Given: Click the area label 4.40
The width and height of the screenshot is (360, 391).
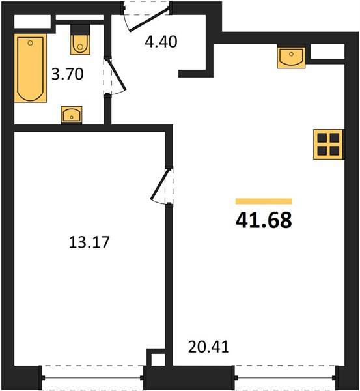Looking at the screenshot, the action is pos(161,42).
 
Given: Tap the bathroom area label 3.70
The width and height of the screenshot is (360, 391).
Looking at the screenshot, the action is pos(67,74).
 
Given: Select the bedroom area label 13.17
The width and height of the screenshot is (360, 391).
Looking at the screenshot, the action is pos(89,242).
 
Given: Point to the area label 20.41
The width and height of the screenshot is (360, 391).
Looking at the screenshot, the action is pos(208,347).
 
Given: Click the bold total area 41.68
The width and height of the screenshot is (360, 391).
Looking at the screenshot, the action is pos(264,220).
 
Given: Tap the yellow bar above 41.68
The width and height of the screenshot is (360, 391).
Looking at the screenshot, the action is pos(264,201).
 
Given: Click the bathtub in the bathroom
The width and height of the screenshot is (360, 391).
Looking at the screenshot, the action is pos(31,68).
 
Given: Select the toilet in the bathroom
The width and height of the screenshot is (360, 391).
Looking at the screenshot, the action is pos(80,40).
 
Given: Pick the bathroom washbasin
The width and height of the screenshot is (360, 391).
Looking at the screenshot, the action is pos(72,115).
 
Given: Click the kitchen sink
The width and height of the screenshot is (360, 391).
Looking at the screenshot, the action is pos(291,56).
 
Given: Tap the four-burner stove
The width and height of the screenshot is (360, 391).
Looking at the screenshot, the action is pos(329,144).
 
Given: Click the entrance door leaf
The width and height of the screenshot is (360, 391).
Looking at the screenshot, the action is pos(150,19).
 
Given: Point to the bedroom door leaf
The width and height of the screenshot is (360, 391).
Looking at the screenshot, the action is pos(160,184).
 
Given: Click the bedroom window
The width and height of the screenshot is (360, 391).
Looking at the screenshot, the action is pos(92,377).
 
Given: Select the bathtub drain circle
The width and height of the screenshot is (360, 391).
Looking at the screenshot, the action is pos(31,43).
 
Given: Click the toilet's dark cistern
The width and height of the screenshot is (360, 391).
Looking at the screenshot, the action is pos(80,30).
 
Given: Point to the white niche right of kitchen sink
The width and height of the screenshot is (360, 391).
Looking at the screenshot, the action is pos(327,51).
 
